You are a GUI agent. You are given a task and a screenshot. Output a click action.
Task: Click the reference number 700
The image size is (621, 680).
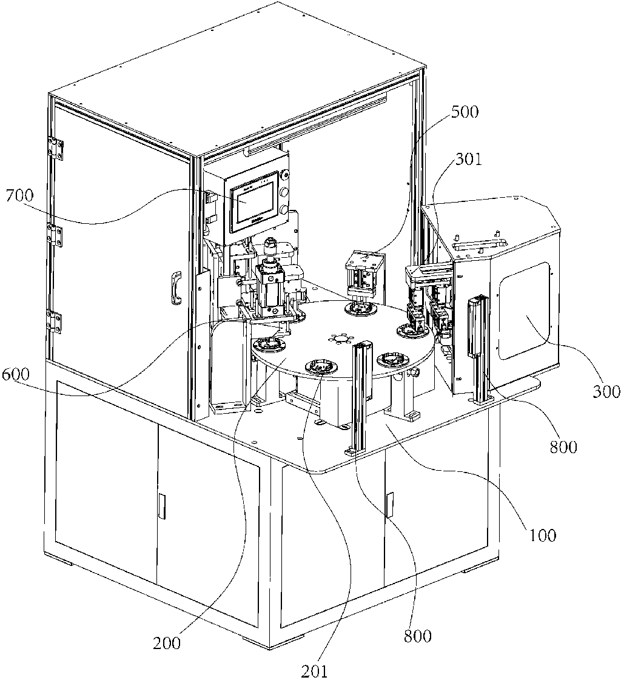tap(19, 195)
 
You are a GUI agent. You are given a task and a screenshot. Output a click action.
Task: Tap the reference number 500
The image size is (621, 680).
tap(465, 112)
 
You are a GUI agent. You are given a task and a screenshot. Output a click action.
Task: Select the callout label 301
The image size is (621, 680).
tap(468, 159)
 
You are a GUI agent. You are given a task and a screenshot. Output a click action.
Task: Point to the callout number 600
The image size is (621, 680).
tap(16, 374)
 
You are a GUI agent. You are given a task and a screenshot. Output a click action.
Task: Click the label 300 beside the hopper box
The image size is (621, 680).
tap(606, 392)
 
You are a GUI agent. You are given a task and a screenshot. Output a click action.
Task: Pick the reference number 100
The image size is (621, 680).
tap(543, 536)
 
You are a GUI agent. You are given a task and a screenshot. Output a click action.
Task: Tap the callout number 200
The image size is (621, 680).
tap(167, 642)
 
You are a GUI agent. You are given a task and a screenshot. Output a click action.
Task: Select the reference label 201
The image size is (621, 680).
tap(314, 670)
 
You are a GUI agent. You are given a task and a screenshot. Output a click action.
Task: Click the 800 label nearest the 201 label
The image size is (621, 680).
tap(418, 636)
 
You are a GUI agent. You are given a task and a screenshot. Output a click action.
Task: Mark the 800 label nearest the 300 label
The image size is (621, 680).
tap(563, 446)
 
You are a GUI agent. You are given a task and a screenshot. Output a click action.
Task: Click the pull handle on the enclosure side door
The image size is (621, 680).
tap(176, 289)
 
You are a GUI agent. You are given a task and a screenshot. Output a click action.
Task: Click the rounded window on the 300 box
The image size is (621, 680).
tap(524, 311)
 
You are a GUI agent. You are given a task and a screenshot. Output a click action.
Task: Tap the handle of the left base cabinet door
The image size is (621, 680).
tap(161, 506)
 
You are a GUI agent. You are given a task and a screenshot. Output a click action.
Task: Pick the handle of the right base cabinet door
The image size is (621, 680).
tap(389, 504)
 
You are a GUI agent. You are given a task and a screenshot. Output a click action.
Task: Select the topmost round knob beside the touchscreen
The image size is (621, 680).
tap(284, 175)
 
